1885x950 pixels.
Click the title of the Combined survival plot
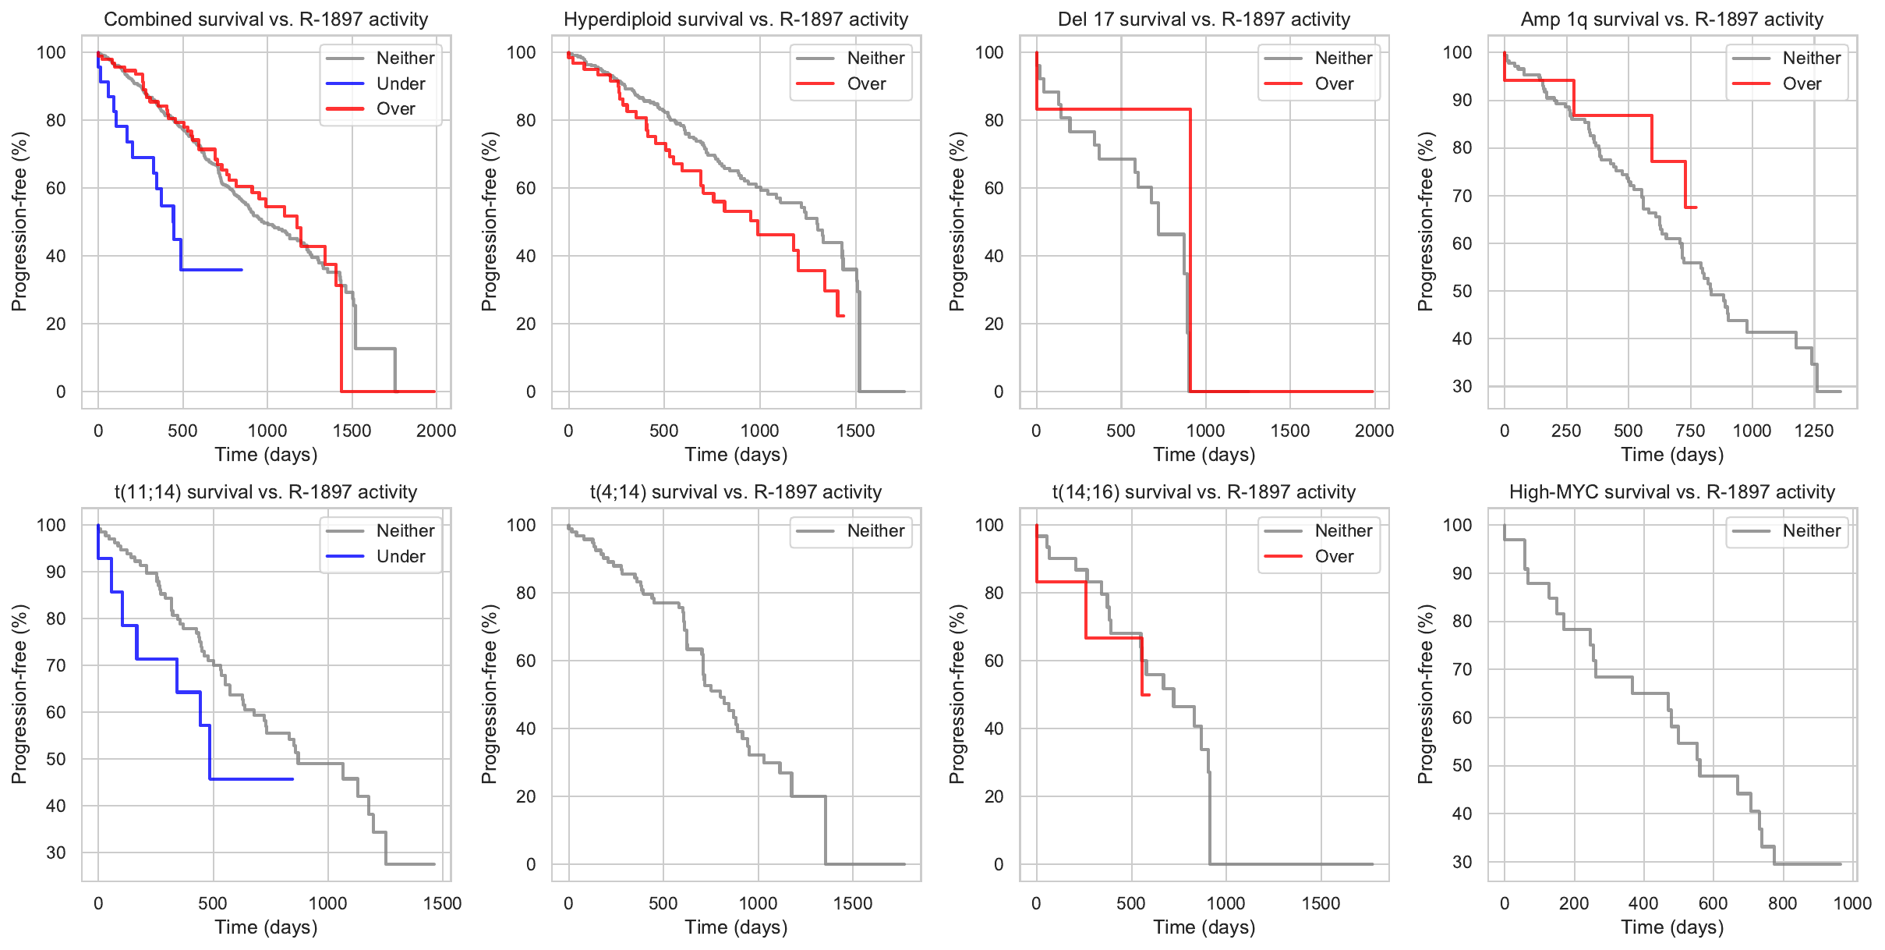tap(266, 19)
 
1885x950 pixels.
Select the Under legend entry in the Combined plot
tap(400, 83)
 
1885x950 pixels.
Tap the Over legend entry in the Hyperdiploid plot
tap(866, 83)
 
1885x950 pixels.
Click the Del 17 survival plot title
tap(1204, 19)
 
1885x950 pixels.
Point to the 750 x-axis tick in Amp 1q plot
tap(1690, 431)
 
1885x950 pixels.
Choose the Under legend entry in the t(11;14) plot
tap(400, 556)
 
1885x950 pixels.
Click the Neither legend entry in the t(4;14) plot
tap(875, 531)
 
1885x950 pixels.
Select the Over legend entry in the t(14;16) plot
tap(1334, 556)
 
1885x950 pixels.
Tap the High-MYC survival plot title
tap(1671, 492)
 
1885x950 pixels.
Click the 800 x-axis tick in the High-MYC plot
tap(1782, 903)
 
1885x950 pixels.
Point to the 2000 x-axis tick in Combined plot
tap(436, 431)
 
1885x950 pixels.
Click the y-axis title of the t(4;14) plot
tap(489, 694)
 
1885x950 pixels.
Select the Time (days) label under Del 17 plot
tap(1204, 455)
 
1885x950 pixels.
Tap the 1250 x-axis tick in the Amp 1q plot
tap(1814, 431)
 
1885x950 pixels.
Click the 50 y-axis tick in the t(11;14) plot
tap(56, 759)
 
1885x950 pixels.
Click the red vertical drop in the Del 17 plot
tap(1190, 250)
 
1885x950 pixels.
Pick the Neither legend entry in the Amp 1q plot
tap(1811, 58)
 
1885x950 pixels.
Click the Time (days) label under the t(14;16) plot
tap(1204, 927)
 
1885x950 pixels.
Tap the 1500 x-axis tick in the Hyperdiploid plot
tap(856, 431)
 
